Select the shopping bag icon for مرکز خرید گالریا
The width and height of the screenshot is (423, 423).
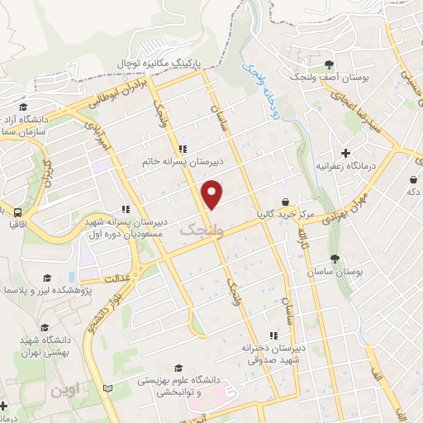point(285,201)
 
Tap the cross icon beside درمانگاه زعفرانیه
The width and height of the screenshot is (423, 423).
point(345,153)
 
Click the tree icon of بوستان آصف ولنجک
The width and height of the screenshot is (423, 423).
point(330,64)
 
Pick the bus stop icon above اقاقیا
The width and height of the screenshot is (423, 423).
point(16,211)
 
